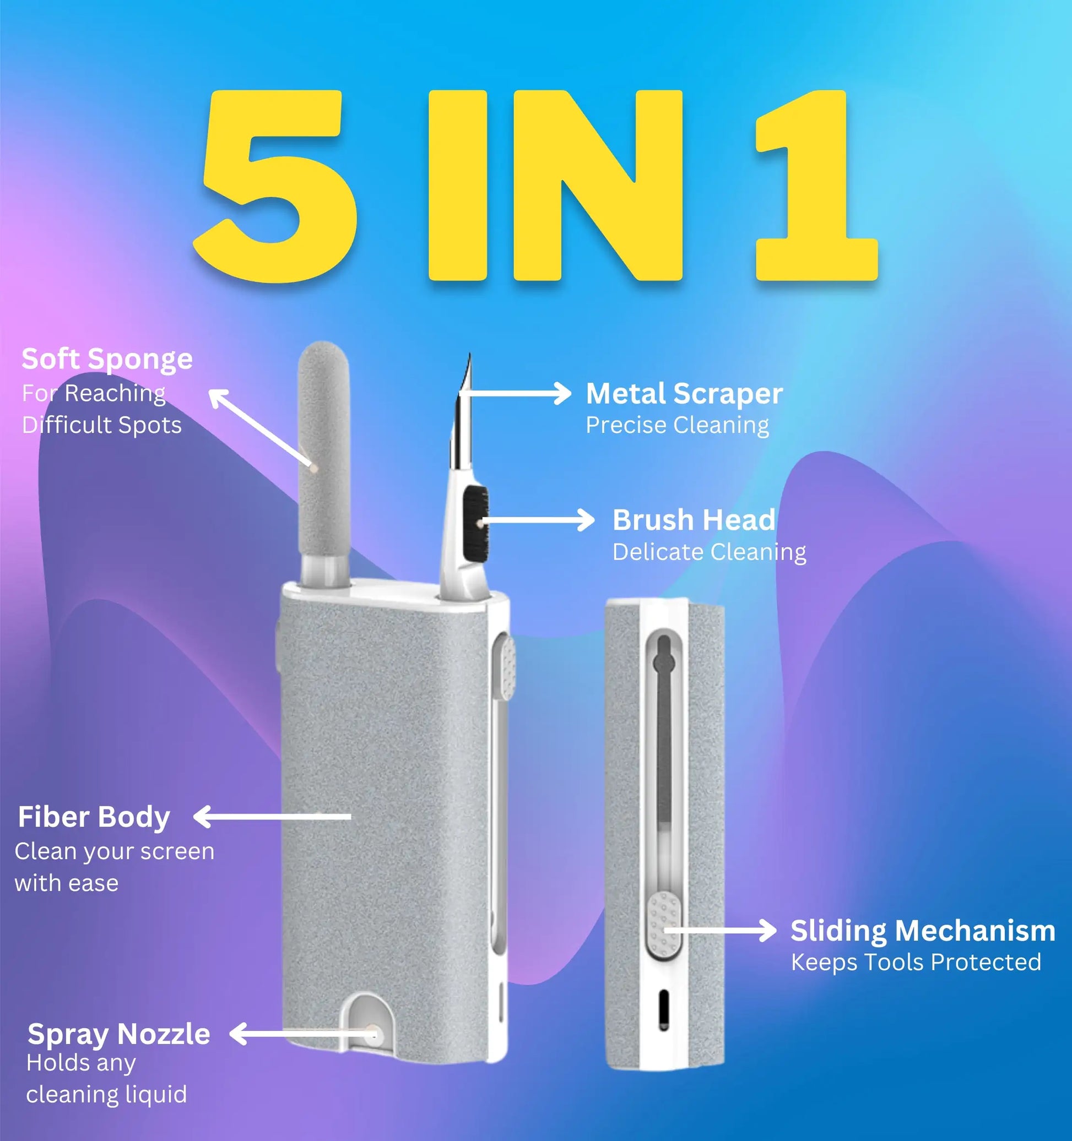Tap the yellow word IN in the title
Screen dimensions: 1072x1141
pyautogui.click(x=555, y=186)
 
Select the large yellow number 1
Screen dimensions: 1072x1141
pyautogui.click(x=816, y=186)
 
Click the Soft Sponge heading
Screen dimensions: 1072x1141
pyautogui.click(x=107, y=360)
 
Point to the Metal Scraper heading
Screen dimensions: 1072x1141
pyautogui.click(x=684, y=394)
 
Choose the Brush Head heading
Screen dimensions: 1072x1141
pyautogui.click(x=694, y=520)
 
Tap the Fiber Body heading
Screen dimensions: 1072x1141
pyautogui.click(x=94, y=817)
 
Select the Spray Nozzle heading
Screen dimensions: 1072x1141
pyautogui.click(x=119, y=1034)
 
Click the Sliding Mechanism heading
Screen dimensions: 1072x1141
pyautogui.click(x=923, y=931)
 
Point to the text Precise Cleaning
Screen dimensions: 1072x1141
pyautogui.click(x=678, y=425)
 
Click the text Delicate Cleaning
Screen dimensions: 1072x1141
pyautogui.click(x=709, y=552)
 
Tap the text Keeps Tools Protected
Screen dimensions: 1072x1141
pyautogui.click(x=916, y=962)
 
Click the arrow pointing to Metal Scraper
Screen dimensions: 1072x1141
pyautogui.click(x=515, y=393)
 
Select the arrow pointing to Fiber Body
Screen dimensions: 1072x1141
pyautogui.click(x=272, y=816)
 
